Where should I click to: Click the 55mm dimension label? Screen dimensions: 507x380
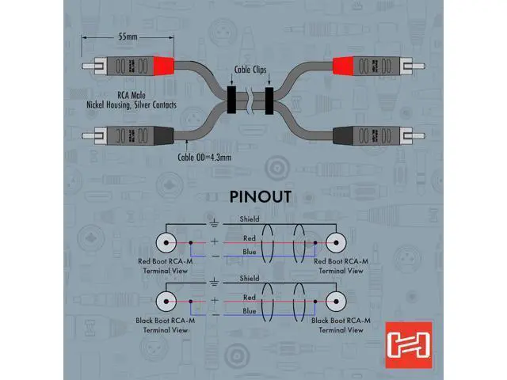click(128, 37)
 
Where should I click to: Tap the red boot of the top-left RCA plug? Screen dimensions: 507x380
click(164, 66)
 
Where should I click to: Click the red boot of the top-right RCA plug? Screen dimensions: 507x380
click(343, 66)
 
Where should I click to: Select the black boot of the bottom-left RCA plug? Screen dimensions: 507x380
click(164, 135)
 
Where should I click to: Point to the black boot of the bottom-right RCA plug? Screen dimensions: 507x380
click(343, 135)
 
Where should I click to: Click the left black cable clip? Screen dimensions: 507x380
click(231, 100)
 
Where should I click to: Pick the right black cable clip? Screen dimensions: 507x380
click(269, 101)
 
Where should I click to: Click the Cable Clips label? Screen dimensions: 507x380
click(250, 70)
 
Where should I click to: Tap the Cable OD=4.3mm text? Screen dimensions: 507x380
click(204, 158)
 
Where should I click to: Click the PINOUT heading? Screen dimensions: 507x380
click(261, 197)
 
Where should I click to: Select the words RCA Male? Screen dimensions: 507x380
click(132, 95)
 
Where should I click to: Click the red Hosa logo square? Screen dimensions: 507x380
click(409, 345)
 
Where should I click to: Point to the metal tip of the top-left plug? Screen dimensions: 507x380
click(88, 66)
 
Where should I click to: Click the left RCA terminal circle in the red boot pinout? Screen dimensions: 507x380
click(166, 242)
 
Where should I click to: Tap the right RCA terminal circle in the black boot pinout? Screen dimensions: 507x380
click(336, 302)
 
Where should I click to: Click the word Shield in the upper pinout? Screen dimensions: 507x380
click(250, 219)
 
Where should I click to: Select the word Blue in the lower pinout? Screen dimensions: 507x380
click(250, 311)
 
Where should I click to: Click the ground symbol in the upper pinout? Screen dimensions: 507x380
click(214, 223)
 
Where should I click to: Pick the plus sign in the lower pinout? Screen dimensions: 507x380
click(215, 300)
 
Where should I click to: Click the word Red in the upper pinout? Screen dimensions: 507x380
click(250, 238)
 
